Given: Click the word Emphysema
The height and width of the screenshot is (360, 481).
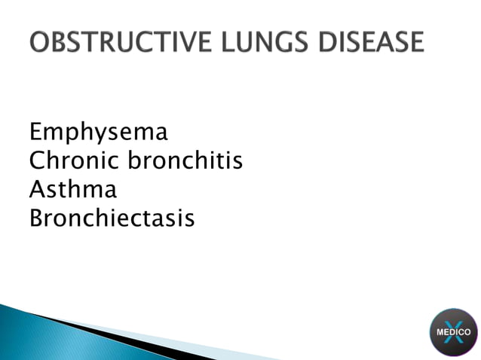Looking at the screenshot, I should click(x=98, y=133).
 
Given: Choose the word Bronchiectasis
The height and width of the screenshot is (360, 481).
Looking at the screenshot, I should click(x=112, y=218).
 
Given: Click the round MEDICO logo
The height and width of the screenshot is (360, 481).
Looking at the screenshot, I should click(x=453, y=331).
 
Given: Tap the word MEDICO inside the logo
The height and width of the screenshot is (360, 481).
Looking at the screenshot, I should click(x=453, y=331).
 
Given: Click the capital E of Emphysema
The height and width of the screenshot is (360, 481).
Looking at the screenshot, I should click(x=35, y=133).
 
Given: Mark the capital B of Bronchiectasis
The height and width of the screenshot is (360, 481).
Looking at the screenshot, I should click(x=35, y=218).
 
